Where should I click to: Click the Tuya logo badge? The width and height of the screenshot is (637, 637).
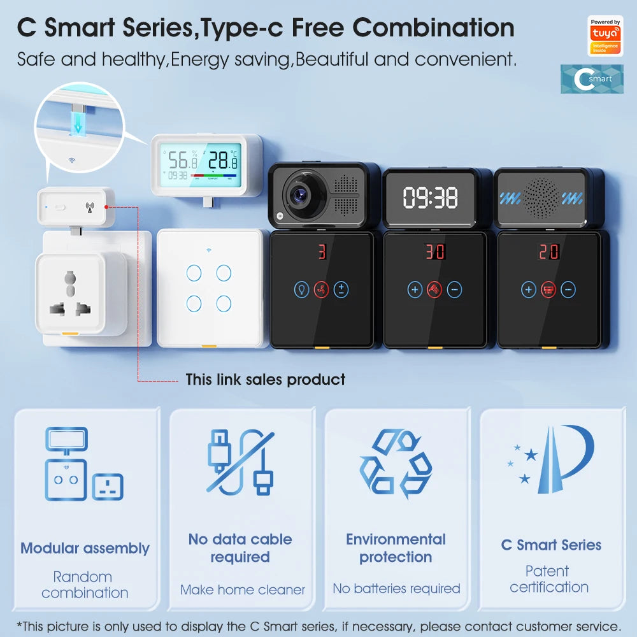click(605, 36)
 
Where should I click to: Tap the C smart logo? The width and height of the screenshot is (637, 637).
click(592, 79)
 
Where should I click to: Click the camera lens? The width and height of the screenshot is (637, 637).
click(297, 195)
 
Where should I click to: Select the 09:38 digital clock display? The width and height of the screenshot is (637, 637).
click(431, 198)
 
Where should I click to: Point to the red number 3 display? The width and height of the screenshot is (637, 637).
click(322, 252)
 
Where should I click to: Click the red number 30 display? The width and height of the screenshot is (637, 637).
click(435, 252)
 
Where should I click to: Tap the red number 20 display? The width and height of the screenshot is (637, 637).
click(548, 252)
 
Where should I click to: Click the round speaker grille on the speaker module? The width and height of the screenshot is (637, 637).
click(540, 197)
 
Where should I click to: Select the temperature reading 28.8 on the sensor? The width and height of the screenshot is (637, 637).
click(223, 160)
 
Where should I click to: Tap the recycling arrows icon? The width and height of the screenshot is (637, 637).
click(396, 464)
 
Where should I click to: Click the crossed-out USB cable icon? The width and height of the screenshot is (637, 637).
click(240, 462)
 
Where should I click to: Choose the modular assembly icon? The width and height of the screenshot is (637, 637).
click(83, 464)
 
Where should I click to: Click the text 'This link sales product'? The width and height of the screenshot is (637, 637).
click(265, 380)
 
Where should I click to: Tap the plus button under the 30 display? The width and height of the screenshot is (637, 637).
click(415, 290)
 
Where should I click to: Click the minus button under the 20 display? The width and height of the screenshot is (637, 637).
click(568, 290)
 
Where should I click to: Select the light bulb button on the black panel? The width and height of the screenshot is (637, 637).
click(301, 290)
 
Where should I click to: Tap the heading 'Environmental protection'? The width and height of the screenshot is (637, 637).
click(396, 548)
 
